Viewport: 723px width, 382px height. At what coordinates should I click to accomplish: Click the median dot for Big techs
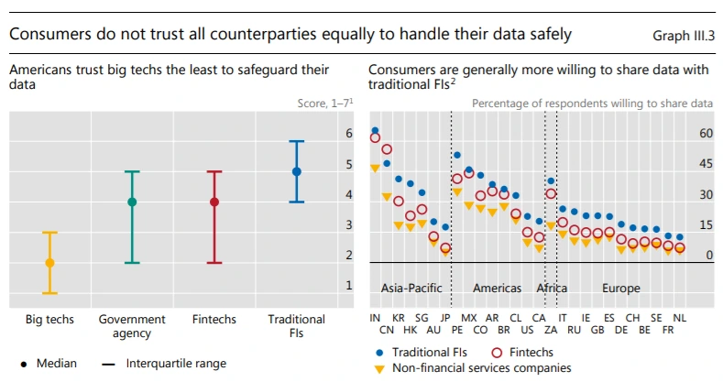(x=49, y=263)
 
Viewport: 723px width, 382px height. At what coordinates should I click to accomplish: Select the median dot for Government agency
(x=132, y=202)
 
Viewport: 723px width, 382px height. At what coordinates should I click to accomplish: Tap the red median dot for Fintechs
(x=214, y=202)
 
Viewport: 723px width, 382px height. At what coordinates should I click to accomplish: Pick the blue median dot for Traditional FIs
(x=296, y=171)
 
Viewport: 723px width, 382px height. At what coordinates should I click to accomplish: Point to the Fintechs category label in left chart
(x=214, y=320)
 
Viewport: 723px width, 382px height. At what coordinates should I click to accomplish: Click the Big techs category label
(x=49, y=320)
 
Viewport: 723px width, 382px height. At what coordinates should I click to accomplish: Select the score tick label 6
(x=349, y=134)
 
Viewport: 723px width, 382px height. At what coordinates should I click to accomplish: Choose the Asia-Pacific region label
(x=412, y=288)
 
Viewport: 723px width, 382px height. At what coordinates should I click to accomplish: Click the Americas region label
(x=497, y=288)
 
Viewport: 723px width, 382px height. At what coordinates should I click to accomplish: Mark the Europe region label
(x=621, y=288)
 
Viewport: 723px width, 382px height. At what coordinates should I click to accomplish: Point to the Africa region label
(x=553, y=288)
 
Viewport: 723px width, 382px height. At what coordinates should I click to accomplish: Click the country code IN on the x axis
(x=375, y=317)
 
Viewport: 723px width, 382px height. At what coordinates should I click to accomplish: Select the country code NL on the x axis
(x=679, y=317)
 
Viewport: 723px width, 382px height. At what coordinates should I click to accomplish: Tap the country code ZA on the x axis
(x=551, y=329)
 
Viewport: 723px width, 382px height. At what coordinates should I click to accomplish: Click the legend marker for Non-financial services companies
(x=379, y=367)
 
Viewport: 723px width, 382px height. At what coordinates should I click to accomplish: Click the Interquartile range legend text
(x=176, y=364)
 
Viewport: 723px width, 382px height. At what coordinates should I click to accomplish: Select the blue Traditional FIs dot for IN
(x=375, y=131)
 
